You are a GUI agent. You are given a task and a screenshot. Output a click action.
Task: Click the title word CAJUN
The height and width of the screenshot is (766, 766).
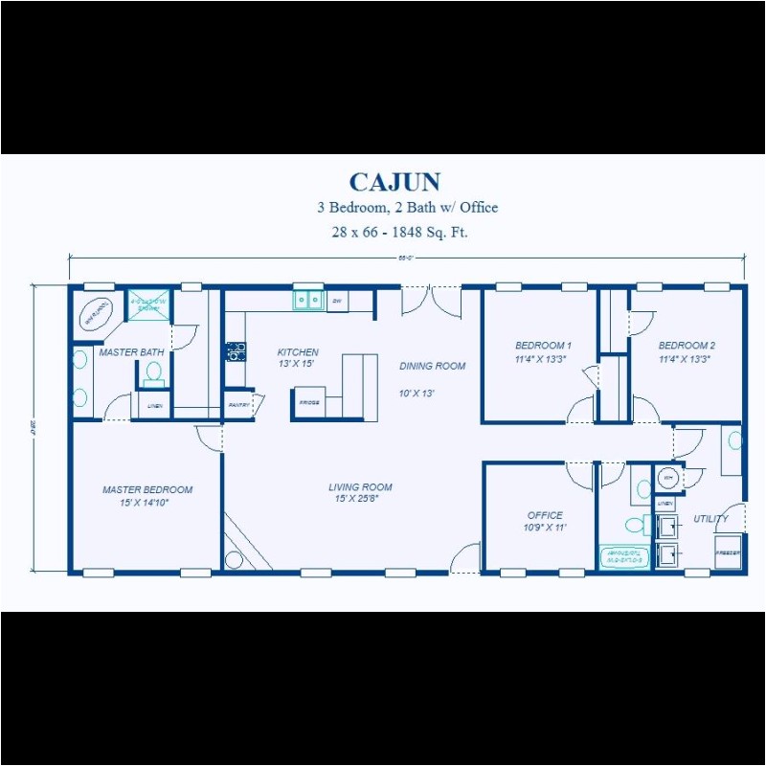tap(394, 182)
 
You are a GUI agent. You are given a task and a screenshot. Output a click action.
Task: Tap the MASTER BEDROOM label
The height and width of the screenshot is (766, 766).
tap(147, 489)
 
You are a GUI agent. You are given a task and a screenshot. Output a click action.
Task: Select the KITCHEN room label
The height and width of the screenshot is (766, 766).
tap(298, 352)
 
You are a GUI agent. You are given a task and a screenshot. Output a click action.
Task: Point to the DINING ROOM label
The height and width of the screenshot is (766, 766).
tap(433, 366)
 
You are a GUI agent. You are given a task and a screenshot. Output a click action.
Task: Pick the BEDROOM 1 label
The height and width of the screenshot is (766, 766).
tap(543, 346)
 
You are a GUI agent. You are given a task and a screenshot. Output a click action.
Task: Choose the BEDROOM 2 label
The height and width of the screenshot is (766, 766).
tap(687, 346)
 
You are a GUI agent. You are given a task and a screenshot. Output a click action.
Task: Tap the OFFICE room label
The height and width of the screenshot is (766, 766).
tap(545, 515)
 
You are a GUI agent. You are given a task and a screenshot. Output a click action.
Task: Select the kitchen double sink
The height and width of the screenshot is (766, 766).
tap(307, 301)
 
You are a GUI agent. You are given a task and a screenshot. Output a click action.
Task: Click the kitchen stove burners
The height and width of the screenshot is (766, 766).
tap(234, 351)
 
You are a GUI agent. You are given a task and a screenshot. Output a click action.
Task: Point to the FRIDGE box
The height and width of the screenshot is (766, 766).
tap(309, 403)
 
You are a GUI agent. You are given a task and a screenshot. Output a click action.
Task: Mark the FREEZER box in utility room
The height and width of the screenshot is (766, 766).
tap(729, 553)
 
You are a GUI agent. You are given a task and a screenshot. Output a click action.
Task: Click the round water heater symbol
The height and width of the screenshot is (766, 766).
tap(668, 477)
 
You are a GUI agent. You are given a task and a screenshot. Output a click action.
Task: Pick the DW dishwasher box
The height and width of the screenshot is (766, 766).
tap(337, 301)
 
